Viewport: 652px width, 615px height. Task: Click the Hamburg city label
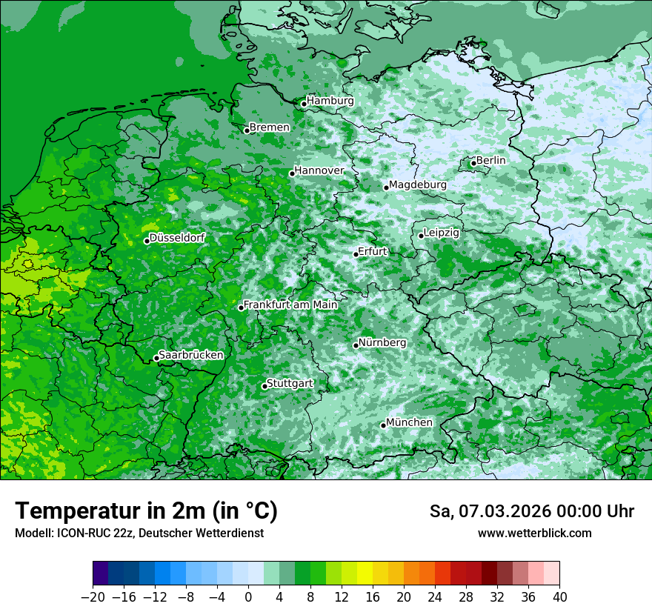(x=330, y=101)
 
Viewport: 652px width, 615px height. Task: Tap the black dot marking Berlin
(x=473, y=163)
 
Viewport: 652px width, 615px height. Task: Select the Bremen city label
(x=270, y=127)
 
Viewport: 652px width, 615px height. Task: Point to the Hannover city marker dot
(x=292, y=173)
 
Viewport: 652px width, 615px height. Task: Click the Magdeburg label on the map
(x=418, y=184)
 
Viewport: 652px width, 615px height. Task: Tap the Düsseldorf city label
(x=177, y=238)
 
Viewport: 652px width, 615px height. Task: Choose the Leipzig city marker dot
(x=421, y=236)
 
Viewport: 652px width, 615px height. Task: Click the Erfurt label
(x=373, y=251)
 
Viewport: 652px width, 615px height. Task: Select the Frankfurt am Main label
(x=290, y=305)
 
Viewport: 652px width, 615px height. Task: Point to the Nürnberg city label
(x=382, y=343)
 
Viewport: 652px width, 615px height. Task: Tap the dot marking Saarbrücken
(x=156, y=358)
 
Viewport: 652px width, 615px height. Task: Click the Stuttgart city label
(x=290, y=383)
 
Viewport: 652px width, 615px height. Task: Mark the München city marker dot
(x=383, y=425)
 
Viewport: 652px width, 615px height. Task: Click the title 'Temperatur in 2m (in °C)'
(x=146, y=511)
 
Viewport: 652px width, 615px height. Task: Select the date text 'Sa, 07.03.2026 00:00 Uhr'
(x=531, y=511)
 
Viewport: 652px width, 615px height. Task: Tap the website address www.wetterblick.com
(x=534, y=533)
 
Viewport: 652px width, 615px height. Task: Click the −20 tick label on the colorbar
(x=93, y=597)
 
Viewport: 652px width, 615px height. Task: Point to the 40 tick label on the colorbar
(x=559, y=597)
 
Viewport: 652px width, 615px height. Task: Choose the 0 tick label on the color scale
(x=248, y=597)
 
